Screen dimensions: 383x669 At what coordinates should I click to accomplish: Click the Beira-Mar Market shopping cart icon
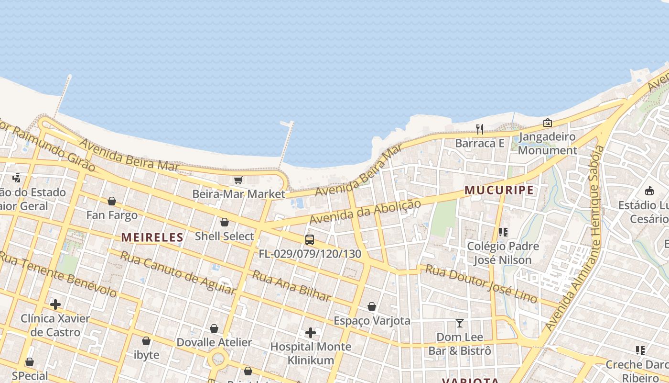point(238,180)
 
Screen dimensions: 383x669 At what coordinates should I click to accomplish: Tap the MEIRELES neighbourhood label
point(152,237)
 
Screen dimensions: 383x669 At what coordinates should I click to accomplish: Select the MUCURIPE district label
point(499,190)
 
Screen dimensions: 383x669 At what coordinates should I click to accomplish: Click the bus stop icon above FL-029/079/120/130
point(310,240)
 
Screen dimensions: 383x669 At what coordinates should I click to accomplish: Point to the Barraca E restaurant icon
point(480,129)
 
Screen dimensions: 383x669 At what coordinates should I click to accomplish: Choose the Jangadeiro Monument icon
point(548,123)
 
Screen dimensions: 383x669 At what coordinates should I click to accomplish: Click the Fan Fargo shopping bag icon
point(112,201)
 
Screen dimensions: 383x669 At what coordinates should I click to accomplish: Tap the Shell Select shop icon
point(224,222)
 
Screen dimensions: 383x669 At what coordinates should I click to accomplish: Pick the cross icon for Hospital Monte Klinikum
point(311,332)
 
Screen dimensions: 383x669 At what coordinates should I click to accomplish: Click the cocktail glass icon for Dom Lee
point(460,323)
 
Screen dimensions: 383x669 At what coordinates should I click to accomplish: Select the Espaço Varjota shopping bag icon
point(372,306)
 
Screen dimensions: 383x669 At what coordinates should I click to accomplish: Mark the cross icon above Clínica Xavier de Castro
point(55,304)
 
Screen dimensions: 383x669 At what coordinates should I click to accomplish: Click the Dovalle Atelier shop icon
point(214,328)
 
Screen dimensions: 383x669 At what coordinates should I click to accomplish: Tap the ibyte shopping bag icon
point(146,341)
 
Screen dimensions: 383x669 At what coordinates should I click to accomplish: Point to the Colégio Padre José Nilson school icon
point(503,232)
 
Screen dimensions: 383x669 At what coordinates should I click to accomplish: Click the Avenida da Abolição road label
point(366,211)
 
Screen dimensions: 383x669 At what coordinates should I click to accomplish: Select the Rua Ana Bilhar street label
point(291,286)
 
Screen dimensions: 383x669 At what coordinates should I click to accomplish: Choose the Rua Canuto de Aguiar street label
point(177,272)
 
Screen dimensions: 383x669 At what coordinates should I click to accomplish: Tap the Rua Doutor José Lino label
point(481,283)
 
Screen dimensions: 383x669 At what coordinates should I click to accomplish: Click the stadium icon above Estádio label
point(649,191)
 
